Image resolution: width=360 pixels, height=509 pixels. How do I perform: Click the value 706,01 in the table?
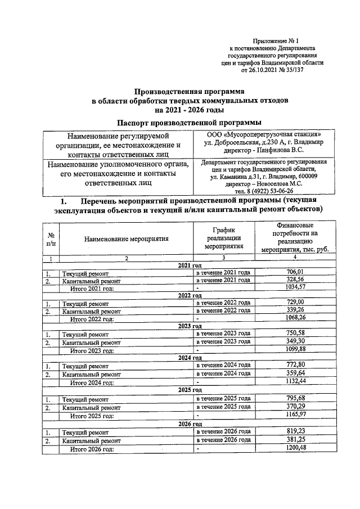pyautogui.click(x=292, y=272)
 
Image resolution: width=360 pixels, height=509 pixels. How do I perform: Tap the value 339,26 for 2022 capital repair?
pyautogui.click(x=292, y=310)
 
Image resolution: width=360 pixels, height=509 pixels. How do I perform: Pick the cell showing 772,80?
pyautogui.click(x=292, y=365)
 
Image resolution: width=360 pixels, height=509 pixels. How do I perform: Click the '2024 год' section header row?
pyautogui.click(x=190, y=357)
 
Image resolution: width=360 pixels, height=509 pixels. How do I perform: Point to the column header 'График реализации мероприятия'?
pyautogui.click(x=223, y=238)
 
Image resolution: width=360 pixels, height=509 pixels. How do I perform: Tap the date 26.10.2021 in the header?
pyautogui.click(x=268, y=71)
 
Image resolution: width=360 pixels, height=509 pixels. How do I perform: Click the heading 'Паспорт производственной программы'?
pyautogui.click(x=189, y=123)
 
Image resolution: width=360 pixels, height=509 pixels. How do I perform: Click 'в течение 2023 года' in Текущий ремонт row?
pyautogui.click(x=223, y=334)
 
